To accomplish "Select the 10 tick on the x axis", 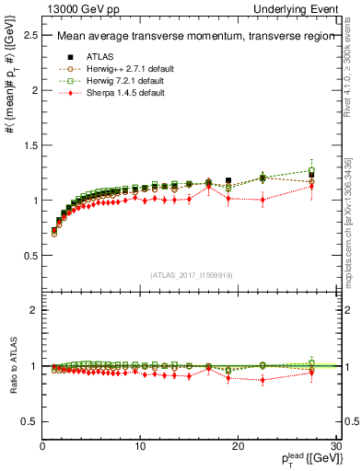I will [140, 446].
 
